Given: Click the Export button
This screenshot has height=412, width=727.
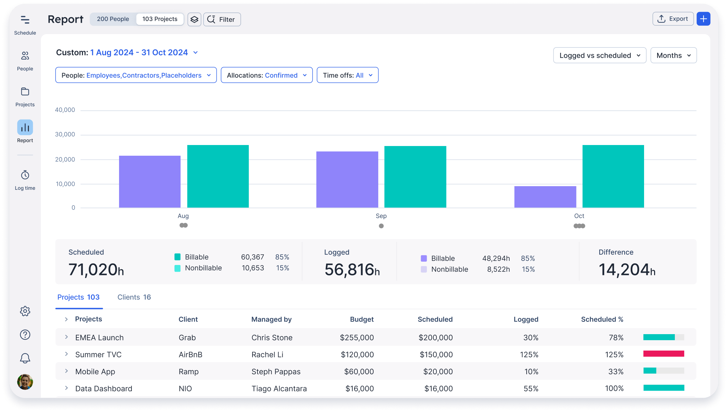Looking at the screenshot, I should (x=673, y=19).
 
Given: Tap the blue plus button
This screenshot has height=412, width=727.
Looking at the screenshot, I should (x=703, y=19).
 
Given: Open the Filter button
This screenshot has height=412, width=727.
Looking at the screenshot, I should (x=222, y=19).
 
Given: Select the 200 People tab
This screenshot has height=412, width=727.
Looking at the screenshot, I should (x=113, y=19).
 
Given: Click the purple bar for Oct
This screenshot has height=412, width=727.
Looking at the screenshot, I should (x=545, y=197).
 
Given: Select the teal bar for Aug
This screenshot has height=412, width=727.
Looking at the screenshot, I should (x=218, y=176).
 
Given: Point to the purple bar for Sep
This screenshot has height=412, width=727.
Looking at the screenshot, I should (x=347, y=179).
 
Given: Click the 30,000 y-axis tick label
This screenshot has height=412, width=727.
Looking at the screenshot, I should (x=65, y=134).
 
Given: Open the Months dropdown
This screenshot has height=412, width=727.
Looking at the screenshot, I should (x=673, y=55).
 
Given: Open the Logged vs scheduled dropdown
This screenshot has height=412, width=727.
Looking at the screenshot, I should (x=600, y=55).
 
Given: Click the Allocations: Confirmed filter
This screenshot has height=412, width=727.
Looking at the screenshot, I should (x=267, y=75).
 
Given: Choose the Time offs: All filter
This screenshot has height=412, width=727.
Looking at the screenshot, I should (x=347, y=75).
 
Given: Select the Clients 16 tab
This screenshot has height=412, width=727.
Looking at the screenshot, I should (x=134, y=297).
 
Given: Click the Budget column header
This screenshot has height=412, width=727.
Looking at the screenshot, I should (x=361, y=319).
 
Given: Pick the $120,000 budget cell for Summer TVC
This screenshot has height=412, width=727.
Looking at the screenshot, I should (x=357, y=355).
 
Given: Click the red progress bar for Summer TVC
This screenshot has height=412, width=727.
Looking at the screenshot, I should (x=663, y=354).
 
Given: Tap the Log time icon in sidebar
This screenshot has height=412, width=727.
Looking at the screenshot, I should (x=25, y=175).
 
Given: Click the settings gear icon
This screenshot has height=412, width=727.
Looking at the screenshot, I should (x=25, y=311).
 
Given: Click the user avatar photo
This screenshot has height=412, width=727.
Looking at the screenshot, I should (x=25, y=382).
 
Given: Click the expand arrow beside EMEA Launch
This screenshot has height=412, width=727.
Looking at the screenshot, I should (x=66, y=337).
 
